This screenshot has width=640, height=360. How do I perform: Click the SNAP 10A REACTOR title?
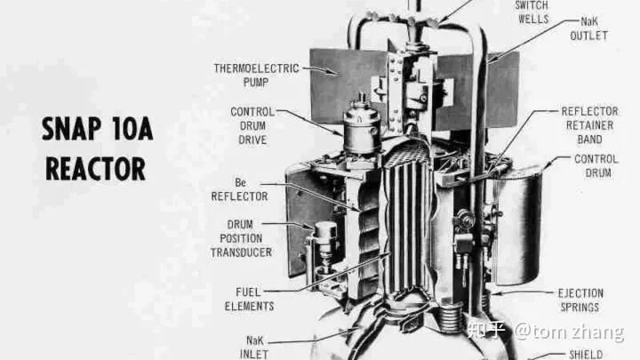[98, 149]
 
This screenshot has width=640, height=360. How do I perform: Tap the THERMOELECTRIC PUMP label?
[256, 75]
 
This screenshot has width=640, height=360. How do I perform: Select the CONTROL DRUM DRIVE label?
[252, 125]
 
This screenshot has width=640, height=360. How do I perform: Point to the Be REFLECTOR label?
[240, 189]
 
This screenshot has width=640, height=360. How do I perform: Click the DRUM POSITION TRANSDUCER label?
[241, 238]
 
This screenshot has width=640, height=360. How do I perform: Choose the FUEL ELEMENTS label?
[249, 300]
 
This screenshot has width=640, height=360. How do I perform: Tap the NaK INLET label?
[254, 348]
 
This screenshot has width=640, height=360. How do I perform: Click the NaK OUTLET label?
[588, 28]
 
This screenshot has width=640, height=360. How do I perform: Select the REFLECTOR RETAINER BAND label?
[589, 125]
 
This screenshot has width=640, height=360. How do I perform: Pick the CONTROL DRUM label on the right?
[596, 165]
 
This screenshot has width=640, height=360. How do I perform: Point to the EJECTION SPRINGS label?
[580, 300]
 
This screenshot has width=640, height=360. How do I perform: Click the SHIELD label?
[586, 355]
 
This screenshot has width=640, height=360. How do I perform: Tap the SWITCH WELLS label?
[532, 12]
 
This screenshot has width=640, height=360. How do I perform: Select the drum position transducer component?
[324, 245]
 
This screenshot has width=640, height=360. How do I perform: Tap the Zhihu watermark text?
[546, 332]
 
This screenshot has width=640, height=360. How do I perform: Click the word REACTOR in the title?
[95, 168]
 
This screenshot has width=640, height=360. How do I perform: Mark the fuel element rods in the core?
[405, 228]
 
